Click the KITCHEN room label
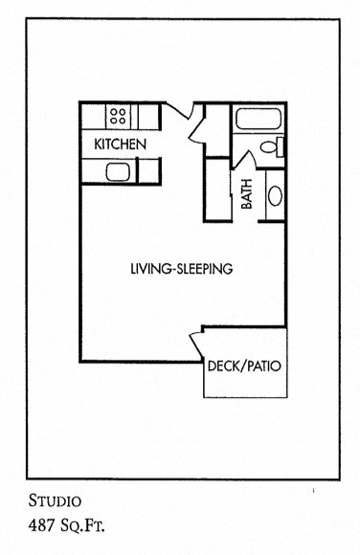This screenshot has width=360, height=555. [x=120, y=144]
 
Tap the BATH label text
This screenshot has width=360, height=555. [x=247, y=194]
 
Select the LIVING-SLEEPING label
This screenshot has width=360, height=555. [x=182, y=269]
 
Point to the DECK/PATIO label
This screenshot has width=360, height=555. [x=244, y=366]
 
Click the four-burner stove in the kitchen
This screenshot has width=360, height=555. [x=118, y=116]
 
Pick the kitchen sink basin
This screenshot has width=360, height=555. [x=118, y=172]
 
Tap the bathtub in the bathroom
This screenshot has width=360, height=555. [x=259, y=119]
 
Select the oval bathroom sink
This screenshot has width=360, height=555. [x=275, y=196]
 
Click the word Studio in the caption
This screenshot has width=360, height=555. [x=55, y=500]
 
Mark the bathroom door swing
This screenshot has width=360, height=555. [x=244, y=160]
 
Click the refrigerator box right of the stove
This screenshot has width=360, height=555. [x=148, y=117]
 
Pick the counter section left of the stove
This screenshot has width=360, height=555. [x=94, y=117]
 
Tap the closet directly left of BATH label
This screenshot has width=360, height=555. [x=218, y=189]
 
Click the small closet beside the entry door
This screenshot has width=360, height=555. [x=217, y=130]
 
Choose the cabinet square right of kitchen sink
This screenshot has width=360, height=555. [x=148, y=171]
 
